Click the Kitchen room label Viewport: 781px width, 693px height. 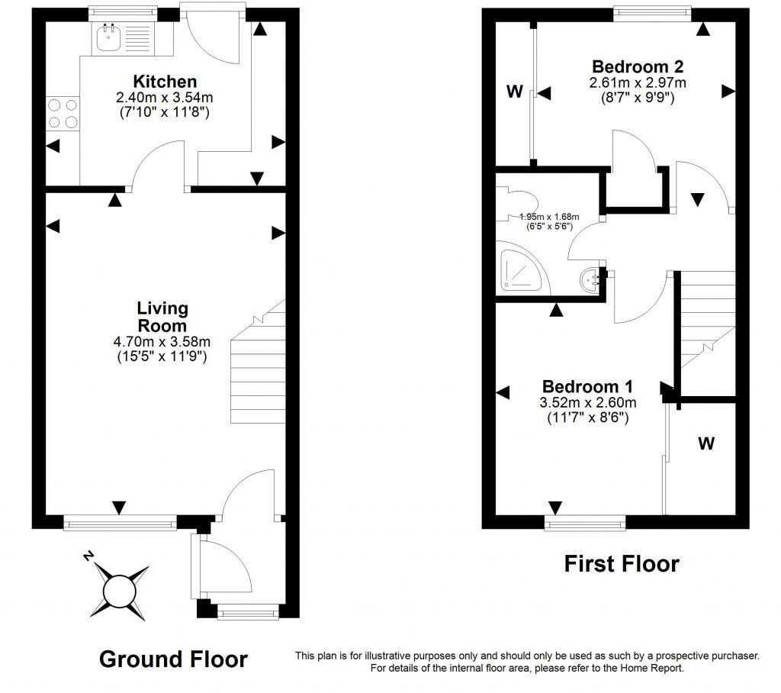tap(165, 82)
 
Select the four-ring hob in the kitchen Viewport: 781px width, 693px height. tap(63, 113)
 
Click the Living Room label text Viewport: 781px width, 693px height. tap(162, 317)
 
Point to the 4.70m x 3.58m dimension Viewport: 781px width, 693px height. tap(162, 342)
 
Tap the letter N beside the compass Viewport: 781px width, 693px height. tap(89, 556)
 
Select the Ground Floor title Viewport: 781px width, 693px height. tap(173, 659)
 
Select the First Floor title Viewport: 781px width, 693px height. tap(621, 564)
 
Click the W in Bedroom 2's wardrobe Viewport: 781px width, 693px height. tap(514, 92)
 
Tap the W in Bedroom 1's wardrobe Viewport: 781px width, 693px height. tap(706, 443)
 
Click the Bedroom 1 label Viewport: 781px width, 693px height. tap(587, 386)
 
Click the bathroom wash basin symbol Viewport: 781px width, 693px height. tap(592, 281)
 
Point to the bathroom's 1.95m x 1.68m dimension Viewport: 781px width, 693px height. tap(549, 217)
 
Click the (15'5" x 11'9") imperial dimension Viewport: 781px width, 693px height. tap(162, 356)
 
